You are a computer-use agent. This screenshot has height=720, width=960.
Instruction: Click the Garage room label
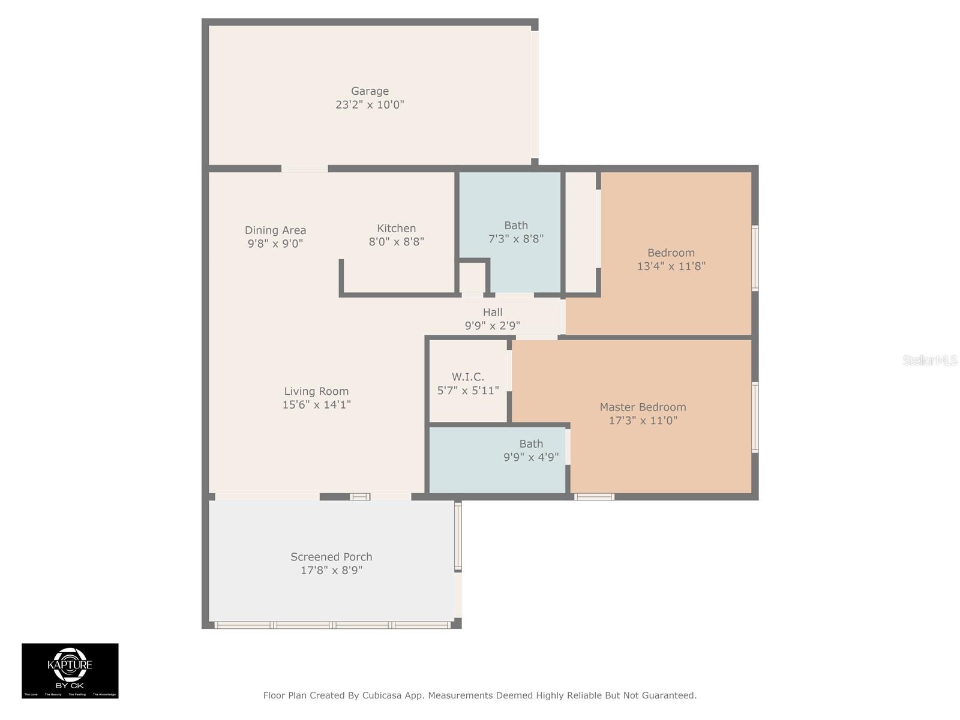(370, 91)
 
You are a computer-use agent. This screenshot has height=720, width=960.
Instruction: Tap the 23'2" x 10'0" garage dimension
(370, 104)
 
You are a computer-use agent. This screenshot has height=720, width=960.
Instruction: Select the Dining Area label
(275, 230)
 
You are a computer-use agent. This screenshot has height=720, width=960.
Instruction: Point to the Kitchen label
(396, 229)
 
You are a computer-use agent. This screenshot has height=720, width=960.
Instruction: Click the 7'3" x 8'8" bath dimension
(516, 239)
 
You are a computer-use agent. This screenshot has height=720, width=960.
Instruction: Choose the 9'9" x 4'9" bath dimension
(531, 457)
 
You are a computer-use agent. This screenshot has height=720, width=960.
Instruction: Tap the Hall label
(493, 312)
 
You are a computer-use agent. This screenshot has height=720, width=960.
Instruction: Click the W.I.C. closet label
(468, 377)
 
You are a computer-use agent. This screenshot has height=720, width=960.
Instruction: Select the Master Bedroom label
(643, 407)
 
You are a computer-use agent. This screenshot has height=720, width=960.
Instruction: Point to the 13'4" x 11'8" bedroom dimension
(671, 266)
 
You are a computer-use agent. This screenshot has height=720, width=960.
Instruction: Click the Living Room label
(316, 391)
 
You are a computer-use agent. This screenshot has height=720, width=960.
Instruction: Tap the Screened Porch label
(331, 557)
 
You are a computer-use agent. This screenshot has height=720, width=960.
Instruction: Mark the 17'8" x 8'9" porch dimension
(331, 570)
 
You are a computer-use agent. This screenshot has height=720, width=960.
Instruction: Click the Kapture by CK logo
(70, 671)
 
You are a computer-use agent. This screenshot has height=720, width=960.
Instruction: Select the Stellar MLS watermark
(929, 361)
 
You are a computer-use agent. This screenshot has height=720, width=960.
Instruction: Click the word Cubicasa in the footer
(385, 695)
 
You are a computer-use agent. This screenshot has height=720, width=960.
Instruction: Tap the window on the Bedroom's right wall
(755, 258)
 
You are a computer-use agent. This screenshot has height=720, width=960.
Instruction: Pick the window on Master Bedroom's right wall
(755, 417)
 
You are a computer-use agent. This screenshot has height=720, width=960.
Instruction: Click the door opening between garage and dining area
(304, 169)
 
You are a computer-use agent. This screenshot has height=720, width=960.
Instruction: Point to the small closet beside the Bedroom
(581, 232)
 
